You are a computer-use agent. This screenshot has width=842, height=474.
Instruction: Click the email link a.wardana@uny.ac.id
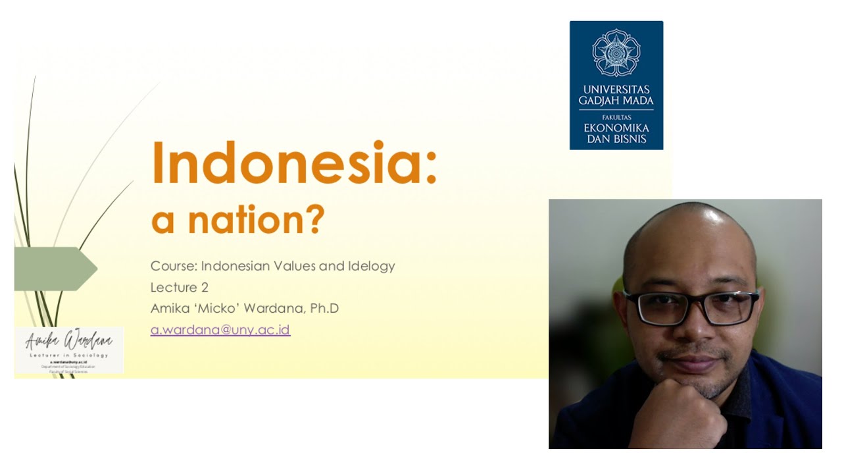pos(220,330)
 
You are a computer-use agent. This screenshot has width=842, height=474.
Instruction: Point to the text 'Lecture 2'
pos(180,287)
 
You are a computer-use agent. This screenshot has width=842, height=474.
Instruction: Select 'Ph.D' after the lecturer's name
pos(324,308)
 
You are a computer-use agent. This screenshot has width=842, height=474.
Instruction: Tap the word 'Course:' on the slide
pos(173,266)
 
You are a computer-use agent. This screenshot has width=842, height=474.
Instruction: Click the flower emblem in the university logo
pos(616,53)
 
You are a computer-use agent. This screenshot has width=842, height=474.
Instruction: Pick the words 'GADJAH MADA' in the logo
pos(616,101)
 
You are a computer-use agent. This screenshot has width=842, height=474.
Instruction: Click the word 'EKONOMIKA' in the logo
pos(616,128)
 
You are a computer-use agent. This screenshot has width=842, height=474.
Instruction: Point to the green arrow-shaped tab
pos(56,269)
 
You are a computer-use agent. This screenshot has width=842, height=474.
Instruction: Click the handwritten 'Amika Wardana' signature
pos(69,341)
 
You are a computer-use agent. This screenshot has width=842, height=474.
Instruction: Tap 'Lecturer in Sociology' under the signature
pos(69,355)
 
